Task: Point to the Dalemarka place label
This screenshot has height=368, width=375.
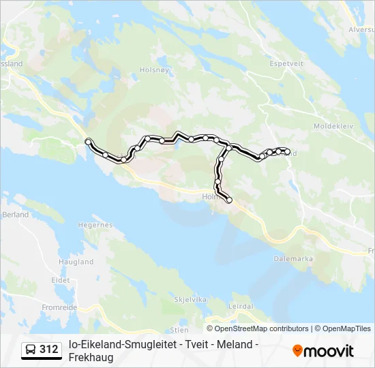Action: click(292, 259)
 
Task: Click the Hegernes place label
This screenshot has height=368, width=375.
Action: click(95, 224)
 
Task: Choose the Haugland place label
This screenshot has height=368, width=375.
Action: click(76, 262)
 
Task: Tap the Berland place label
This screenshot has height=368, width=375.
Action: click(15, 215)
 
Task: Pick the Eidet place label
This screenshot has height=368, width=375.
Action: click(61, 280)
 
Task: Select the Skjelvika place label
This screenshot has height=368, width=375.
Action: click(190, 299)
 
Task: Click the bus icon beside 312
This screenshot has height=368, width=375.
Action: click(31, 350)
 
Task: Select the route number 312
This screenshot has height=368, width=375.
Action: click(48, 350)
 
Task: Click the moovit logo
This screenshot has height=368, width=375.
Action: click(323, 351)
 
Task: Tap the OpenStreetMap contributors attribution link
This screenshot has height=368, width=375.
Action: click(261, 328)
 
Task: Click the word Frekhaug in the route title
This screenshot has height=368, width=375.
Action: click(91, 358)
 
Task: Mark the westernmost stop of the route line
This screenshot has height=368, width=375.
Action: click(88, 141)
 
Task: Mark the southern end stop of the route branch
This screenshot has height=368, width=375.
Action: click(229, 200)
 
